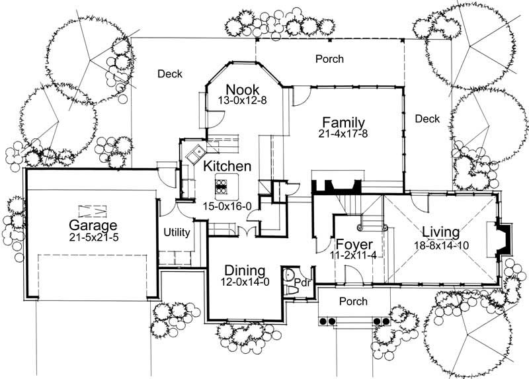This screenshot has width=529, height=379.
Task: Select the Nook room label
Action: [x=242, y=89]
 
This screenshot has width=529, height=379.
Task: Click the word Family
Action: [x=343, y=122]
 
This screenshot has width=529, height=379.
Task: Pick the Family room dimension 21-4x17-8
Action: [x=343, y=134]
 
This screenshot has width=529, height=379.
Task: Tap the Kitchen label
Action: [x=227, y=166]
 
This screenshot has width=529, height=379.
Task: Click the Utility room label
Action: [x=177, y=232]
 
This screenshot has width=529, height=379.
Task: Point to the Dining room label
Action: [x=245, y=271]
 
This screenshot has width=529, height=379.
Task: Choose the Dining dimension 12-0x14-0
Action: [x=245, y=282]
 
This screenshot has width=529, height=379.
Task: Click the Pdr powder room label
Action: [x=302, y=281]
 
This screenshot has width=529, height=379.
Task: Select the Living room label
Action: [x=441, y=232]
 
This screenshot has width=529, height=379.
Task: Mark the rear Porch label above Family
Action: [x=329, y=59]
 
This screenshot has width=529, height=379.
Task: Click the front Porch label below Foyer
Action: [x=353, y=302]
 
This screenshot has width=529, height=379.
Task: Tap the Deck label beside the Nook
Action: [x=170, y=74]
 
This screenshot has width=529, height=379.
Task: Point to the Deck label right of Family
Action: [x=427, y=119]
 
